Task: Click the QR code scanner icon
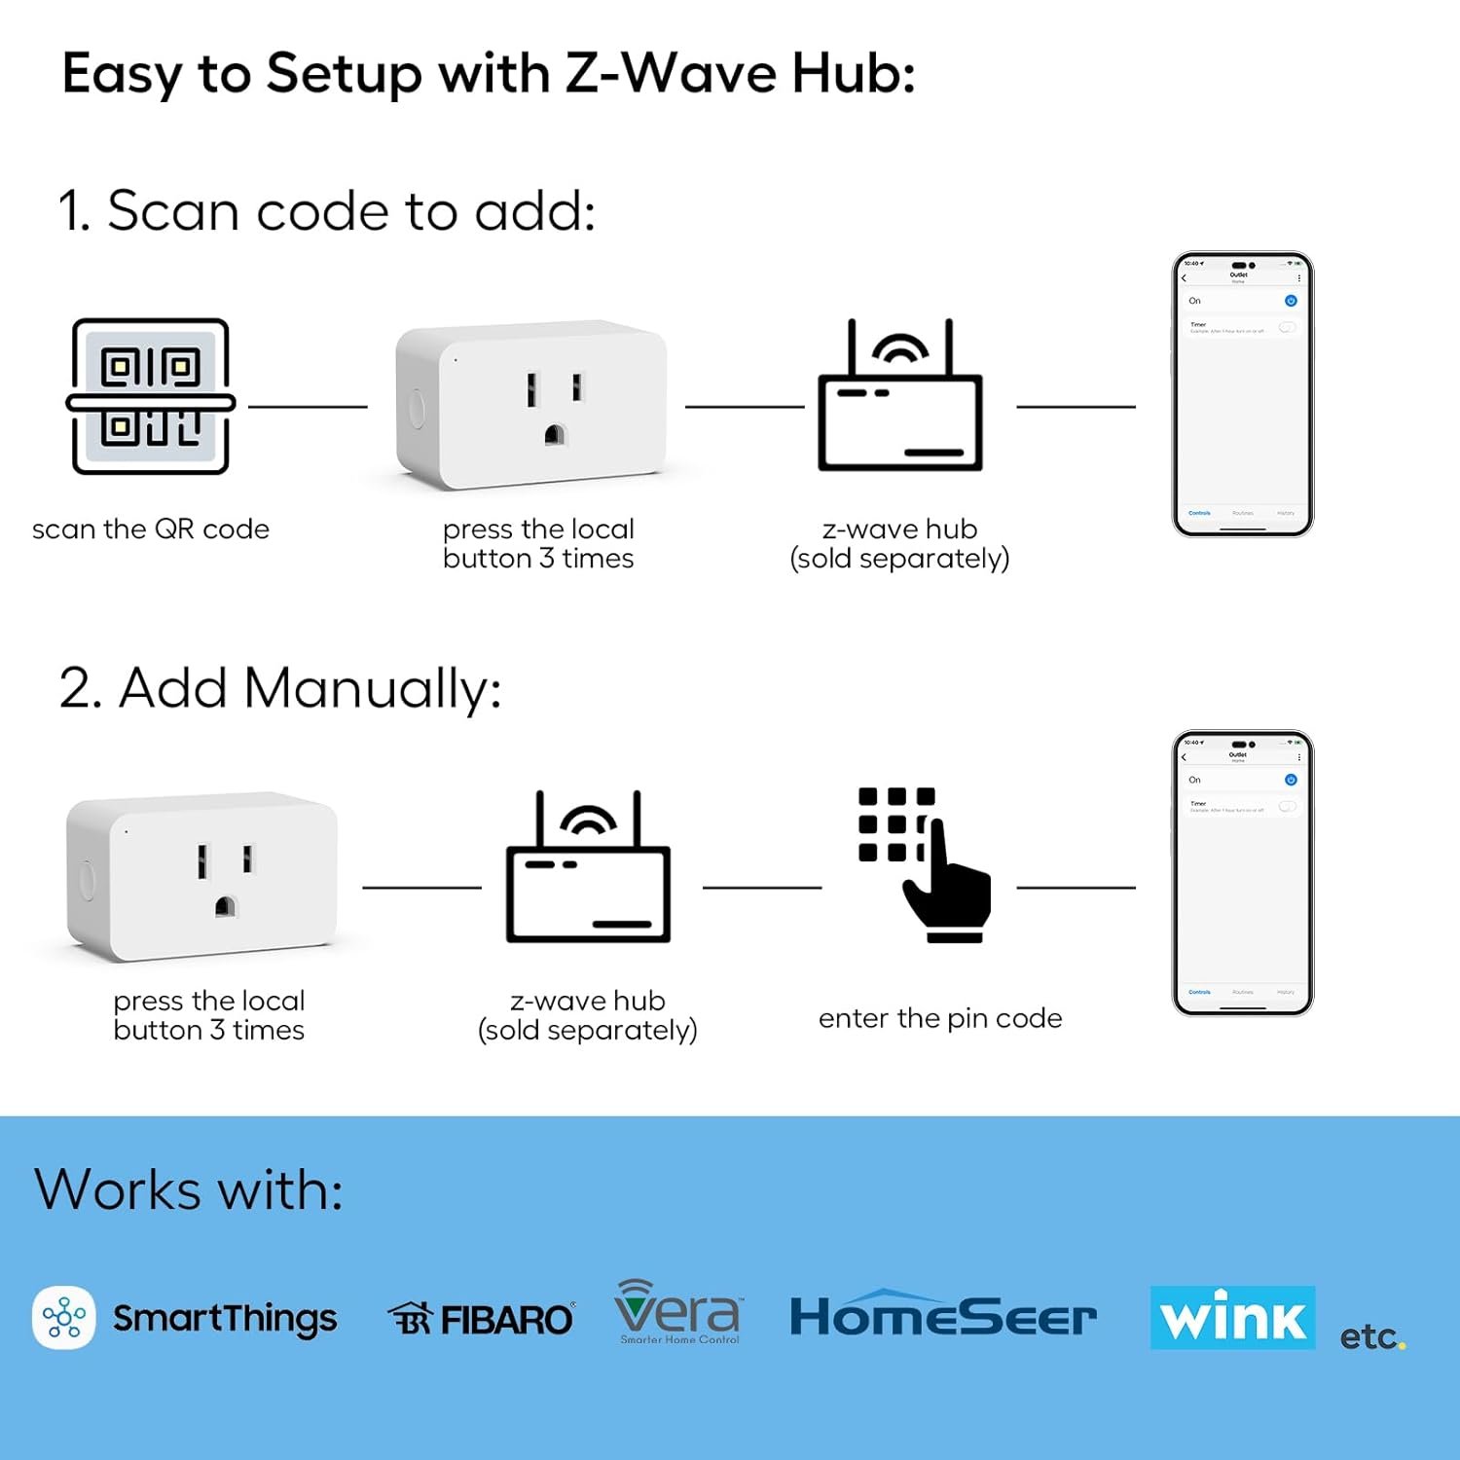(x=151, y=397)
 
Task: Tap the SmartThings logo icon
(x=64, y=1318)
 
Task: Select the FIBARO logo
(x=481, y=1320)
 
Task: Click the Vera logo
(x=678, y=1312)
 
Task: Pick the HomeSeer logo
(x=942, y=1317)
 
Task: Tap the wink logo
(x=1232, y=1318)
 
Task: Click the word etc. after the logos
(x=1371, y=1337)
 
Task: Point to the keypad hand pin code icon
(x=924, y=864)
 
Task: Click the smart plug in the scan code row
(x=531, y=405)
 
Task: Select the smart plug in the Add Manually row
(x=202, y=876)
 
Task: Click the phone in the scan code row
(x=1243, y=394)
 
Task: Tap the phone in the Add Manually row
(x=1243, y=873)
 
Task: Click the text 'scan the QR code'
(x=151, y=529)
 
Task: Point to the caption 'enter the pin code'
(x=940, y=1018)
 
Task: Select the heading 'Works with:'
(x=189, y=1189)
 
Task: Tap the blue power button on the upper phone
(x=1291, y=301)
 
